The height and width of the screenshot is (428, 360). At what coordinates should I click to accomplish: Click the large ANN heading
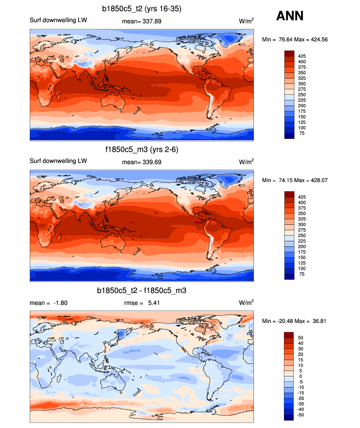click(x=290, y=16)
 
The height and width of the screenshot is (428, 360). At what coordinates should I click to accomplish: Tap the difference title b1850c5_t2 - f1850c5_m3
click(x=142, y=291)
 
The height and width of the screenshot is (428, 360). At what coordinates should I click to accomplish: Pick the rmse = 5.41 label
click(x=143, y=303)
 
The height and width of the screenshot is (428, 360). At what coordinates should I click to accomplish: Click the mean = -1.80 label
click(x=49, y=303)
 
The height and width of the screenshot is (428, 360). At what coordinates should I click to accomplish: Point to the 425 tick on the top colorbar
click(x=302, y=56)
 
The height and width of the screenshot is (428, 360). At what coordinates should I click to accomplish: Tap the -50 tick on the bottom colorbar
click(x=302, y=415)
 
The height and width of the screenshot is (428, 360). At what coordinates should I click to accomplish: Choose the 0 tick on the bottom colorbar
click(x=299, y=376)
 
